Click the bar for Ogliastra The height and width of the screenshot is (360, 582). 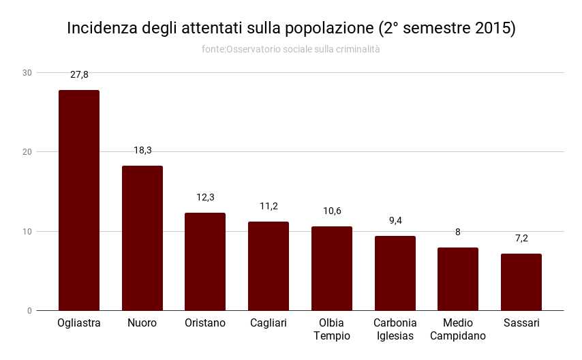[79, 200]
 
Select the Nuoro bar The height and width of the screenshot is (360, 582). [142, 238]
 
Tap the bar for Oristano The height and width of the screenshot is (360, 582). [205, 262]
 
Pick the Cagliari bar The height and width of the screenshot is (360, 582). [269, 266]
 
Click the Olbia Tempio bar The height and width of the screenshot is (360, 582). [332, 269]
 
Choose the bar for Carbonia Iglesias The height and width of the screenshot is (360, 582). [395, 273]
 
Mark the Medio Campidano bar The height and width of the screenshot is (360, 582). [458, 279]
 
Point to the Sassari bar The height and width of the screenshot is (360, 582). [521, 282]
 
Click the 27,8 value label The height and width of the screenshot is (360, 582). [79, 74]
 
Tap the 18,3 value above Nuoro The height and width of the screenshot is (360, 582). [142, 150]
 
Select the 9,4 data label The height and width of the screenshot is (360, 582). [395, 220]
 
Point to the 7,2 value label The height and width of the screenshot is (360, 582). [521, 238]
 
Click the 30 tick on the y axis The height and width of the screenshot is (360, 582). [27, 72]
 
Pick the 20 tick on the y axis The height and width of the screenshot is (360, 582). [27, 151]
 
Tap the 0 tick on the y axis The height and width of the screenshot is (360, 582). [29, 311]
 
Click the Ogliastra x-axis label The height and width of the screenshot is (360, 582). [79, 323]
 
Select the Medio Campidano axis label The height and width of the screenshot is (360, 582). [458, 329]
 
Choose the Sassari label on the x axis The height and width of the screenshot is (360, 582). [521, 323]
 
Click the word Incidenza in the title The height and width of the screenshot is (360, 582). [102, 29]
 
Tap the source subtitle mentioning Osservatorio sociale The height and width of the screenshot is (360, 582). [291, 49]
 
